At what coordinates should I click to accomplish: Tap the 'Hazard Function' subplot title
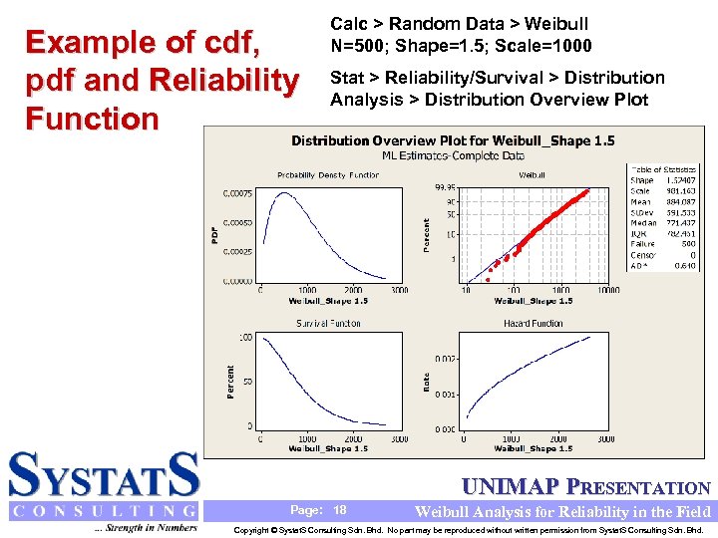click(533, 323)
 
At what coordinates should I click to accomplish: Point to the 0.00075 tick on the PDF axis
click(236, 193)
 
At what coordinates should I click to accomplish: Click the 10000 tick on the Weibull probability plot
click(608, 290)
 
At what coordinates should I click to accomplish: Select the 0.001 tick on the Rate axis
click(445, 395)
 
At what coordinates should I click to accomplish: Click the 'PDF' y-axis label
click(214, 234)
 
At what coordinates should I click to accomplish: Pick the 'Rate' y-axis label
click(427, 382)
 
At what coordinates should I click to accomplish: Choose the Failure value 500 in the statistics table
click(687, 244)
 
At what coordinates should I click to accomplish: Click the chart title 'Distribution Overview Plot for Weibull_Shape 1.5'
click(453, 140)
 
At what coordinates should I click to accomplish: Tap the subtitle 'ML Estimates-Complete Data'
click(453, 155)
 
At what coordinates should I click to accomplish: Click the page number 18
click(340, 510)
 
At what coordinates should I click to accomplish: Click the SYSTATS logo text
click(104, 475)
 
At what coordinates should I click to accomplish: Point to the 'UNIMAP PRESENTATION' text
click(586, 487)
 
